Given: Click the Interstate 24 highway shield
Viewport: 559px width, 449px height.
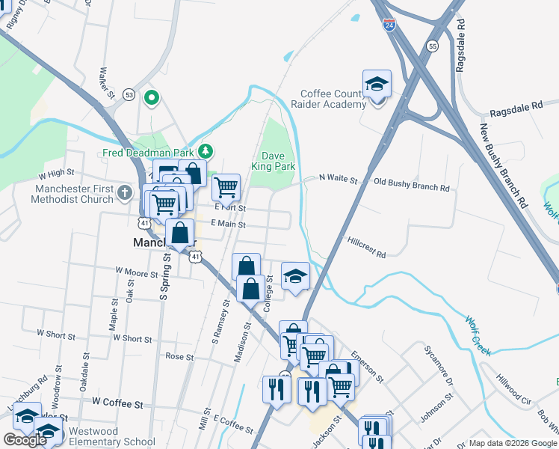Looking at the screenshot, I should click(389, 25).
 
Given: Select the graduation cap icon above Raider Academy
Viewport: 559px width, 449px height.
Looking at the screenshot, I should click(377, 84).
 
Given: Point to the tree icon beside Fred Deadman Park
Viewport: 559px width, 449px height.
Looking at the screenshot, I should click(205, 153).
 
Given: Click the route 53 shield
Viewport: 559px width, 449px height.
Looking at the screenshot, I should click(129, 94).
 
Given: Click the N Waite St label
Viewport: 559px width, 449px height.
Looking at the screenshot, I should click(339, 180).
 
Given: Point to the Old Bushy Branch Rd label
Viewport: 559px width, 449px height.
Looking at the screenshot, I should click(412, 183).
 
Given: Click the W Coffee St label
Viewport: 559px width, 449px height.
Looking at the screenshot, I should click(117, 403).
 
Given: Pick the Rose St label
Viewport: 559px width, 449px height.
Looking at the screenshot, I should click(179, 357).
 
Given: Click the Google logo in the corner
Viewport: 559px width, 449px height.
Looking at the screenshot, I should click(25, 440).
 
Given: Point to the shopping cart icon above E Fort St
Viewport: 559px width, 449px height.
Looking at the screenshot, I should click(226, 186).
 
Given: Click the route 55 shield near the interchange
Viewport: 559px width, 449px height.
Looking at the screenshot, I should click(433, 46).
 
